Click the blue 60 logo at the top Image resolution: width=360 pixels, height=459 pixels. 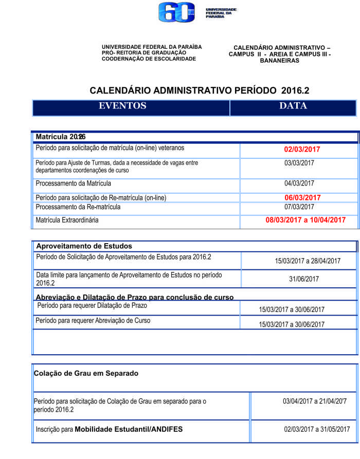pos(176,12)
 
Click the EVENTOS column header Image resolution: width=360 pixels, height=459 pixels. pos(122,106)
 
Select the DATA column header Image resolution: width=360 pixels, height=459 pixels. pos(293,106)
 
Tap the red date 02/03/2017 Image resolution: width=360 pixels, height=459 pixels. pos(302,150)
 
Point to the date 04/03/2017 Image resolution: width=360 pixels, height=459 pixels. pos(299,183)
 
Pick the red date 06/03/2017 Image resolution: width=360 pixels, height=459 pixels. pos(302,197)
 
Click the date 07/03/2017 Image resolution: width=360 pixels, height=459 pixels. pos(299,207)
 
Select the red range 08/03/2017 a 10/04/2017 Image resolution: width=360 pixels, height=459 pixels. pos(305,220)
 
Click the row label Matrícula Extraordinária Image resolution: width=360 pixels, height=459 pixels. pos(67,220)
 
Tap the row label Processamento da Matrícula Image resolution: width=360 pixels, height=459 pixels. pos(73,183)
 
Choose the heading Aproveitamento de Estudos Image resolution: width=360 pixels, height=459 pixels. pos(84,246)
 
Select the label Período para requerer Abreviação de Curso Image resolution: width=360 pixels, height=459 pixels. pos(93,321)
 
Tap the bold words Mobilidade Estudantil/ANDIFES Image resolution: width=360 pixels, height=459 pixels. pos(129,429)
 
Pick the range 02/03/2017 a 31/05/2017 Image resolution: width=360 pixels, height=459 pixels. pos(316,429)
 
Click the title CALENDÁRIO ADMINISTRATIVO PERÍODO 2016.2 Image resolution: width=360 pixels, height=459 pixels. pos(200,90)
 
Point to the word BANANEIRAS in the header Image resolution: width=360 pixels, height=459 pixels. pos(279,61)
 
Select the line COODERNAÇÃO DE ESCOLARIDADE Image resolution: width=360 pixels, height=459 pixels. pos(149,59)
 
